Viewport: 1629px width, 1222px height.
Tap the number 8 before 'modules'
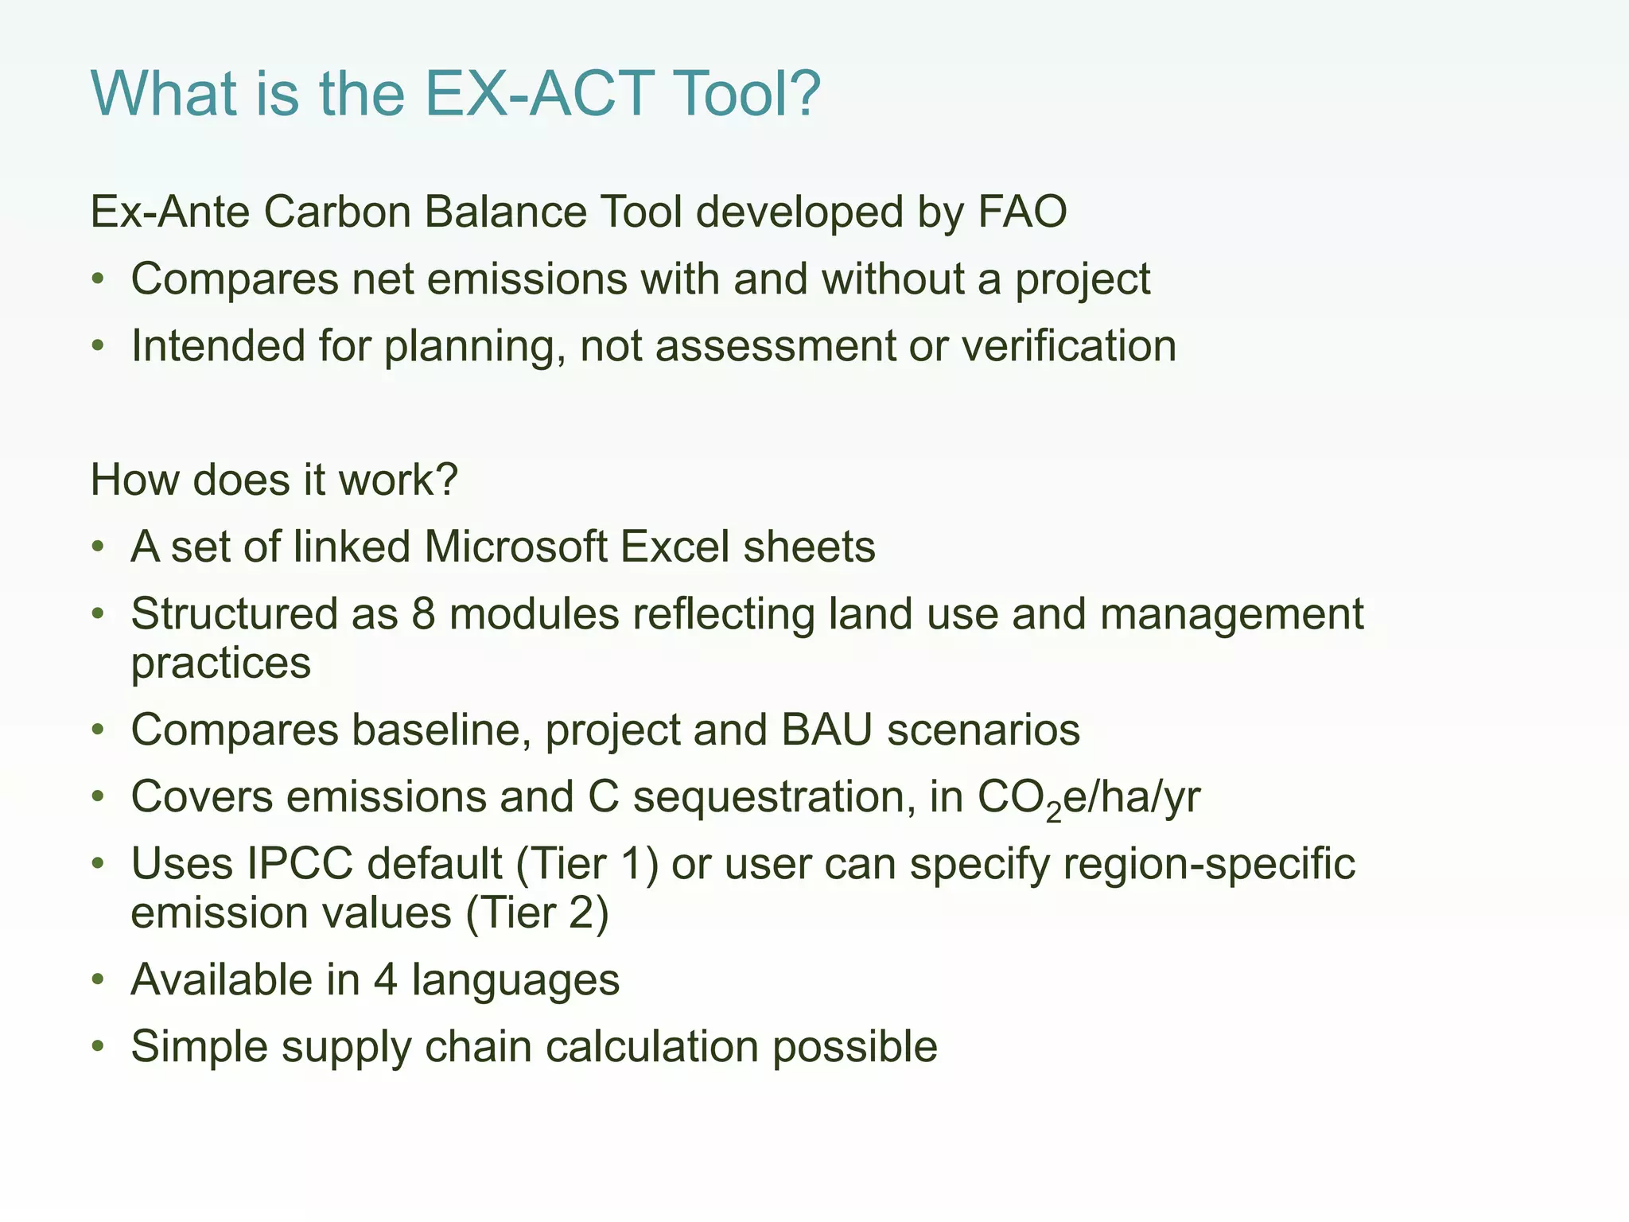pyautogui.click(x=423, y=614)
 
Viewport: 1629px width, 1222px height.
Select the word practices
pyautogui.click(x=220, y=664)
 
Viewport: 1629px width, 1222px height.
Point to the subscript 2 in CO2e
pyautogui.click(x=1054, y=811)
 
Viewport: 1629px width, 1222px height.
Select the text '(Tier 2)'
pyautogui.click(x=537, y=913)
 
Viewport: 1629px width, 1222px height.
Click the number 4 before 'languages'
pyautogui.click(x=385, y=979)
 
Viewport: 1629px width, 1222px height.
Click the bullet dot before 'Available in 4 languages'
pyautogui.click(x=98, y=979)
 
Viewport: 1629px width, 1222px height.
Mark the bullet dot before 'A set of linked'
pyautogui.click(x=98, y=547)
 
